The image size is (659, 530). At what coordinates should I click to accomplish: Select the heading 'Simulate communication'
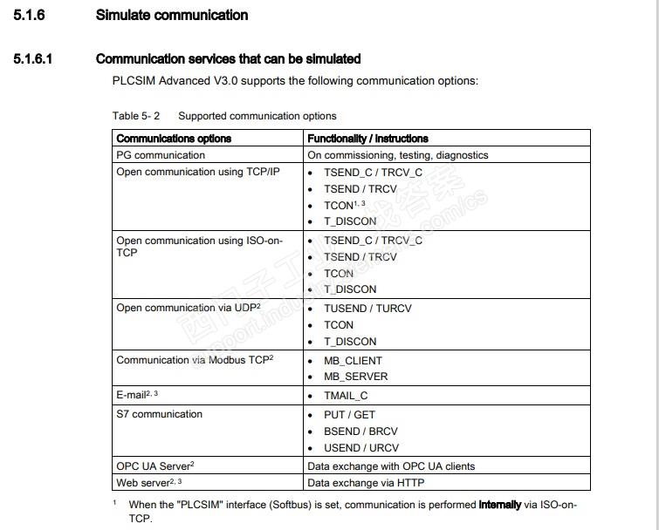tap(171, 15)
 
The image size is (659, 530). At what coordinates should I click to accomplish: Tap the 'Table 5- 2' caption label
tap(136, 116)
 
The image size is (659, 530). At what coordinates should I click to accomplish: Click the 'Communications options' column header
tap(174, 139)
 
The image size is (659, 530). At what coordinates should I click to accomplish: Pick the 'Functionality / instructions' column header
tap(367, 139)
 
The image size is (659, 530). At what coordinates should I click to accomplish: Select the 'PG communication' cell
tap(161, 155)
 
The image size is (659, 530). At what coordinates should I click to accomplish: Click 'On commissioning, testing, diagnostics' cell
tap(397, 155)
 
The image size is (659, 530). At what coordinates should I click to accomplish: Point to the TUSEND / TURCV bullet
tap(367, 309)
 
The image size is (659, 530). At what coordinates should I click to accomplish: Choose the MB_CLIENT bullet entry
tap(353, 360)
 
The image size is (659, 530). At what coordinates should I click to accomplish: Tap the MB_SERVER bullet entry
tap(355, 377)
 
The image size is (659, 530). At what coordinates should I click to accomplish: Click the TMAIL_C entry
tap(346, 396)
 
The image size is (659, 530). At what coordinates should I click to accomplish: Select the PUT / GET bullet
tap(349, 415)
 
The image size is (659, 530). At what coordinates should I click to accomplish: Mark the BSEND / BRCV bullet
tap(360, 431)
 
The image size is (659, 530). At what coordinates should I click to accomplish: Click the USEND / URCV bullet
tap(360, 448)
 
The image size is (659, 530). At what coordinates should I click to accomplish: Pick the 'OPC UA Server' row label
tap(154, 466)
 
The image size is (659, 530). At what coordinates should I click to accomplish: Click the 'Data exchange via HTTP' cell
tap(367, 482)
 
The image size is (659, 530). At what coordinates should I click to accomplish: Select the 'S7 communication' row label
tap(159, 414)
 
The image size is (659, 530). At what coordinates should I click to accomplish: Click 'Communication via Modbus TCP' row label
tap(195, 360)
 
